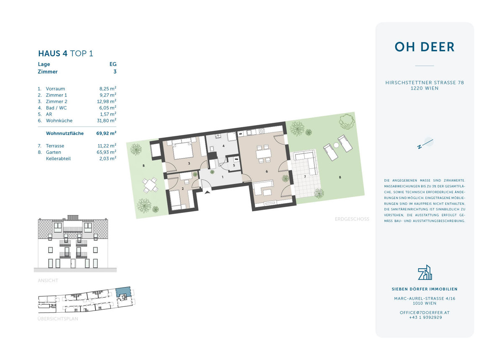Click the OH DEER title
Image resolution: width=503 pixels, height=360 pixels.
pyautogui.click(x=424, y=47)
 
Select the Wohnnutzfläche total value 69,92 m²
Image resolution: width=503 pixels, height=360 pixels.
pyautogui.click(x=106, y=133)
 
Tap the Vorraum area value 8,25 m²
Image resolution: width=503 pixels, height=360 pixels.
pyautogui.click(x=107, y=89)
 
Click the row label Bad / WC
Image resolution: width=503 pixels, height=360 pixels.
pyautogui.click(x=56, y=108)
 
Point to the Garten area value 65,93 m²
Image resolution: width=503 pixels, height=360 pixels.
pyautogui.click(x=106, y=152)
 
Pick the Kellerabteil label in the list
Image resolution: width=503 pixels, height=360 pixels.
pyautogui.click(x=58, y=159)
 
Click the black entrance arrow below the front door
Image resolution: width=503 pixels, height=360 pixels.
pyautogui.click(x=207, y=192)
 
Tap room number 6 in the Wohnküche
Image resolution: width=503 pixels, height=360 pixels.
pyautogui.click(x=267, y=171)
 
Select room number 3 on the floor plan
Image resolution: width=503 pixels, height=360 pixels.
pyautogui.click(x=189, y=163)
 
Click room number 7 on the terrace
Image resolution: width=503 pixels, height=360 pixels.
pyautogui.click(x=305, y=177)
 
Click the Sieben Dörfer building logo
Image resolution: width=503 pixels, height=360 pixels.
pyautogui.click(x=425, y=272)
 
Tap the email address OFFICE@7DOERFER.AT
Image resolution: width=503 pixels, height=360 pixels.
pyautogui.click(x=425, y=313)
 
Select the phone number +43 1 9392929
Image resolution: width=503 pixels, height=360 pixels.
pyautogui.click(x=425, y=318)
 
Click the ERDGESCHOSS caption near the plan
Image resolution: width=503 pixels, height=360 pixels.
pyautogui.click(x=352, y=219)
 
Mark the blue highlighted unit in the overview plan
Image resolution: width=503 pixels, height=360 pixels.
pyautogui.click(x=123, y=293)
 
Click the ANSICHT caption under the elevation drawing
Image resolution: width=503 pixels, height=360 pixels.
pyautogui.click(x=48, y=280)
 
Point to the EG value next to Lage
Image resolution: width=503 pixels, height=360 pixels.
pyautogui.click(x=113, y=64)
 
